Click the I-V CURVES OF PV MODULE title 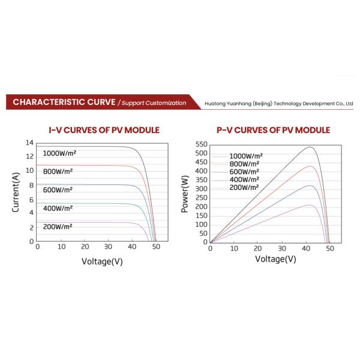pos(103,130)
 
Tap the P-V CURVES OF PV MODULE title pos(273,130)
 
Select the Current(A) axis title pos(17,191)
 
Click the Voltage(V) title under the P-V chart pos(275,259)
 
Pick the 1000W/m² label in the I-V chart pos(60,153)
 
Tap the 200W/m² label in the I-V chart pos(58,226)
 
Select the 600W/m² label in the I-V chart pos(58,190)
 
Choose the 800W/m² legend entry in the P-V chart pos(244,164)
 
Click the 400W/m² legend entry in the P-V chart pos(244,179)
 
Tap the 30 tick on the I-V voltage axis pos(108,247)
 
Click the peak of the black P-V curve pos(310,147)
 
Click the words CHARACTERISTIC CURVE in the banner pos(64,103)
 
